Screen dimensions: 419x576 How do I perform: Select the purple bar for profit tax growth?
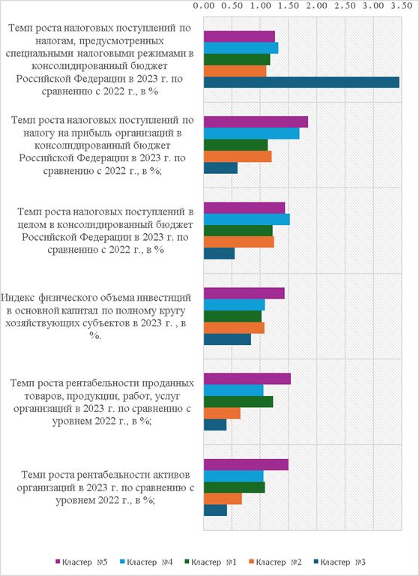coord(256,122)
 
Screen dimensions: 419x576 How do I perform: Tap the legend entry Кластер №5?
coord(81,562)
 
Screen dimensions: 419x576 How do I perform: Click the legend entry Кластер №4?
coord(145,562)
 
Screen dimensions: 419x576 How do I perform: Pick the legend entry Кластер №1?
coord(211,562)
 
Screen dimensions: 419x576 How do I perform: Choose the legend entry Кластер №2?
coord(275,562)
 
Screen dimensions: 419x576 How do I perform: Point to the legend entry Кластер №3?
coord(340,562)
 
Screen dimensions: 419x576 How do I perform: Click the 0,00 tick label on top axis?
coord(203,6)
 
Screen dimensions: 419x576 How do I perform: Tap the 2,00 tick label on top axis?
coord(316,6)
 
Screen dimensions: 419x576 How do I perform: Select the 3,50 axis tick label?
coord(402,6)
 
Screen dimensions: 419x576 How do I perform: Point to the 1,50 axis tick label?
coord(289,6)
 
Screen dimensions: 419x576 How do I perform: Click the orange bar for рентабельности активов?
coord(223,499)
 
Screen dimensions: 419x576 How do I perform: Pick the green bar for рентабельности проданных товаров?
coord(238,401)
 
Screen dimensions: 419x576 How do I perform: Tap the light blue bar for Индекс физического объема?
coord(235,305)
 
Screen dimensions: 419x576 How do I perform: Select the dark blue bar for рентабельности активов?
coord(216,510)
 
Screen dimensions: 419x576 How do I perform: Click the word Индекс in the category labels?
coord(18,298)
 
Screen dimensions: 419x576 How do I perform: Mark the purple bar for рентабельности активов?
coord(246,465)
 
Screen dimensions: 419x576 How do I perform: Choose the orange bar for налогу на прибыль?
coord(238,157)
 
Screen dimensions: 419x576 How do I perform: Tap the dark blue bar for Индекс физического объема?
coord(228,340)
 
